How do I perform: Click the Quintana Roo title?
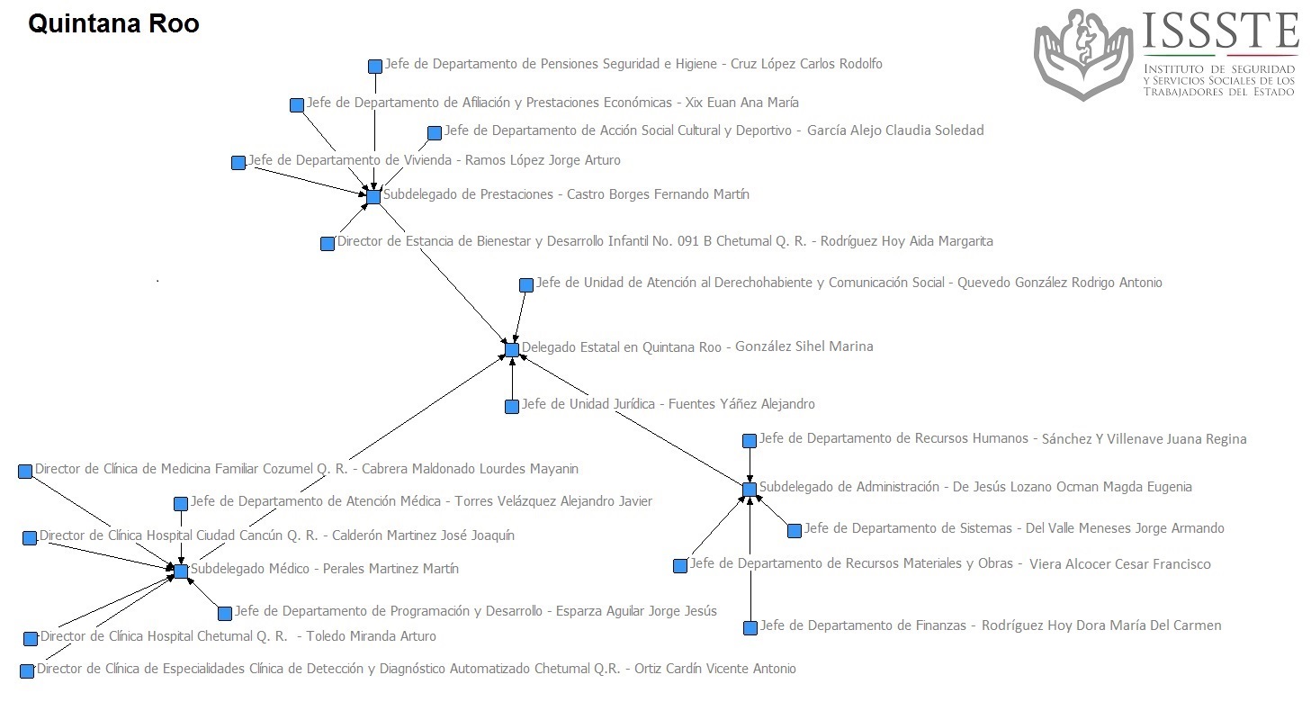(x=113, y=24)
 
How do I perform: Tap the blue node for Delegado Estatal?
(x=512, y=349)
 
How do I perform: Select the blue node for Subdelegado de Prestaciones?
(x=373, y=196)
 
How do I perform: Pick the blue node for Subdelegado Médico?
(x=181, y=571)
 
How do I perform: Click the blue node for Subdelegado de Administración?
(x=750, y=489)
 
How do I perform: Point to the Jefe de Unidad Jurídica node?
(x=512, y=407)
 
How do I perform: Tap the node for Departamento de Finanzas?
(x=750, y=628)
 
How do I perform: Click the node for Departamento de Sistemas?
(x=795, y=531)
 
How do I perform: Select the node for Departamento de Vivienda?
(x=238, y=163)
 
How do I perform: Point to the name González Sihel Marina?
(x=804, y=346)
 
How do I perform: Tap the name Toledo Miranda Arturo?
(x=371, y=636)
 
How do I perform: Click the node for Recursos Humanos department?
(x=750, y=441)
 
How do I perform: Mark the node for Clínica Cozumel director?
(x=25, y=471)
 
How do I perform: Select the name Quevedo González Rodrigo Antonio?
(x=1059, y=283)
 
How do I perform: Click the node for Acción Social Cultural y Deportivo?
(x=435, y=133)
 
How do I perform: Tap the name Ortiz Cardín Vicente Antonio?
(x=714, y=669)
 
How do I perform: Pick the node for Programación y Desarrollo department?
(x=225, y=614)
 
